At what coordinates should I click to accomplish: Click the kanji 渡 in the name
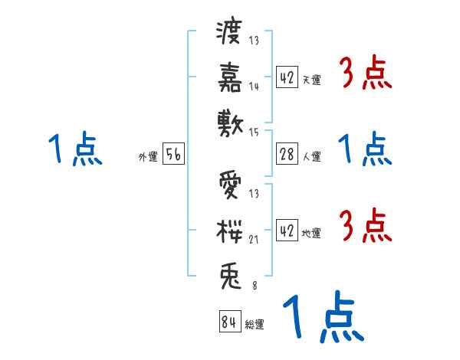230,35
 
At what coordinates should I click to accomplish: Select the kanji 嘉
230,78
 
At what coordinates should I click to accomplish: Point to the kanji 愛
230,185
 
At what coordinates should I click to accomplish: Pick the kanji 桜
230,231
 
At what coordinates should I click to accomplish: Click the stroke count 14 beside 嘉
254,87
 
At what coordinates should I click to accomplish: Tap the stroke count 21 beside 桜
254,240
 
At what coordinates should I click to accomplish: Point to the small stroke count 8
254,286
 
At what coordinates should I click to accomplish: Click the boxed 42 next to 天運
286,78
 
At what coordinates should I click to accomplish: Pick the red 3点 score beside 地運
366,227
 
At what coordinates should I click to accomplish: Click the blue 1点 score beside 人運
366,149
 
